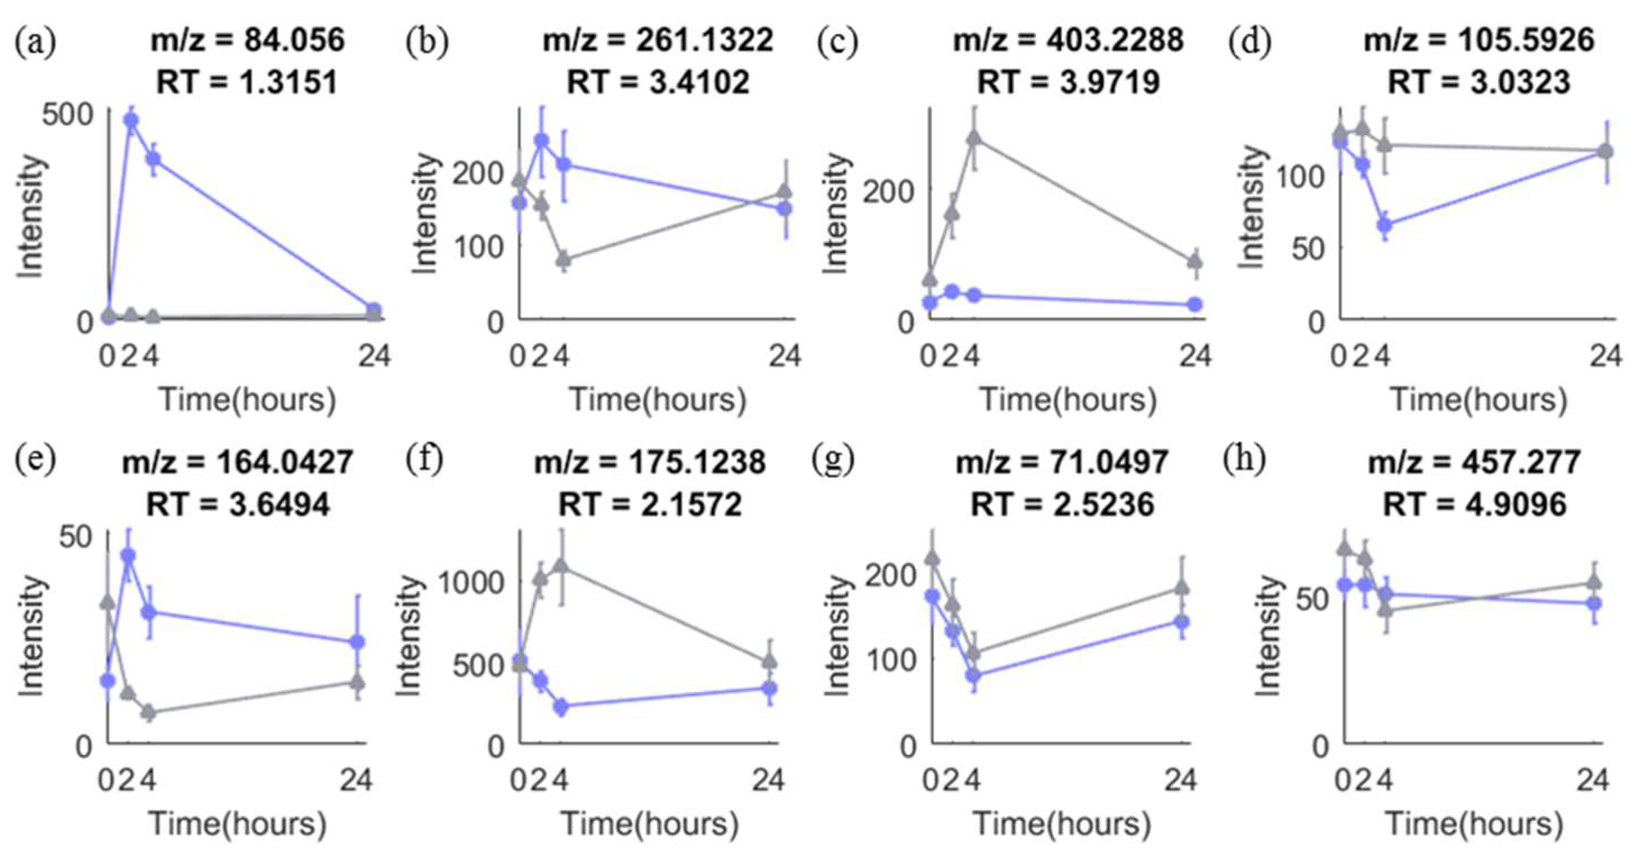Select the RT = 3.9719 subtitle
[1068, 82]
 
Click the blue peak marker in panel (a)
[132, 120]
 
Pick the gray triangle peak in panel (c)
[974, 138]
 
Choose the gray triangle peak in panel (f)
[561, 565]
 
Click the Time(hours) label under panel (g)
[1062, 823]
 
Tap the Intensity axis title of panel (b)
[425, 214]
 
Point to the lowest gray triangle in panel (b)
[563, 260]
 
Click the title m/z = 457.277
[1474, 462]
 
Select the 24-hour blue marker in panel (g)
[1182, 622]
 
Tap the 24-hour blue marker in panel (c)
[1196, 305]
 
